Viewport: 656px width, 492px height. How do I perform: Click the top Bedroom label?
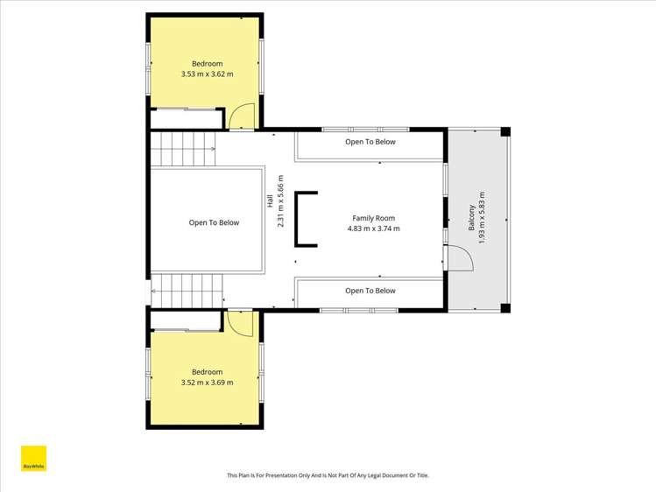(208, 64)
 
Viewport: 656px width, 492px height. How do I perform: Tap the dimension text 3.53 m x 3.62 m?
(208, 74)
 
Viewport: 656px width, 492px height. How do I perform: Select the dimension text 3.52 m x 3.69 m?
(208, 383)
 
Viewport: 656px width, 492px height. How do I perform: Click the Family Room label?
(373, 218)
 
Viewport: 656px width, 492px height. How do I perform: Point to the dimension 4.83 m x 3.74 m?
(373, 229)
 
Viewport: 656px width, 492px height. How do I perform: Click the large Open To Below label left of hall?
(214, 223)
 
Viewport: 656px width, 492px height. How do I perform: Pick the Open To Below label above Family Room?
(370, 142)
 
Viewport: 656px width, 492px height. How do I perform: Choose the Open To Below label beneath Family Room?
(370, 291)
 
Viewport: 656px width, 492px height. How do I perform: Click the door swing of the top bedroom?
(243, 116)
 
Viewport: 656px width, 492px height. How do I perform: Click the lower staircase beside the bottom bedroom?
(187, 290)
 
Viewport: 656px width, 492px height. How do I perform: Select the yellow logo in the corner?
(33, 460)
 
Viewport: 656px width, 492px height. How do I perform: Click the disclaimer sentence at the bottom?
(328, 475)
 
